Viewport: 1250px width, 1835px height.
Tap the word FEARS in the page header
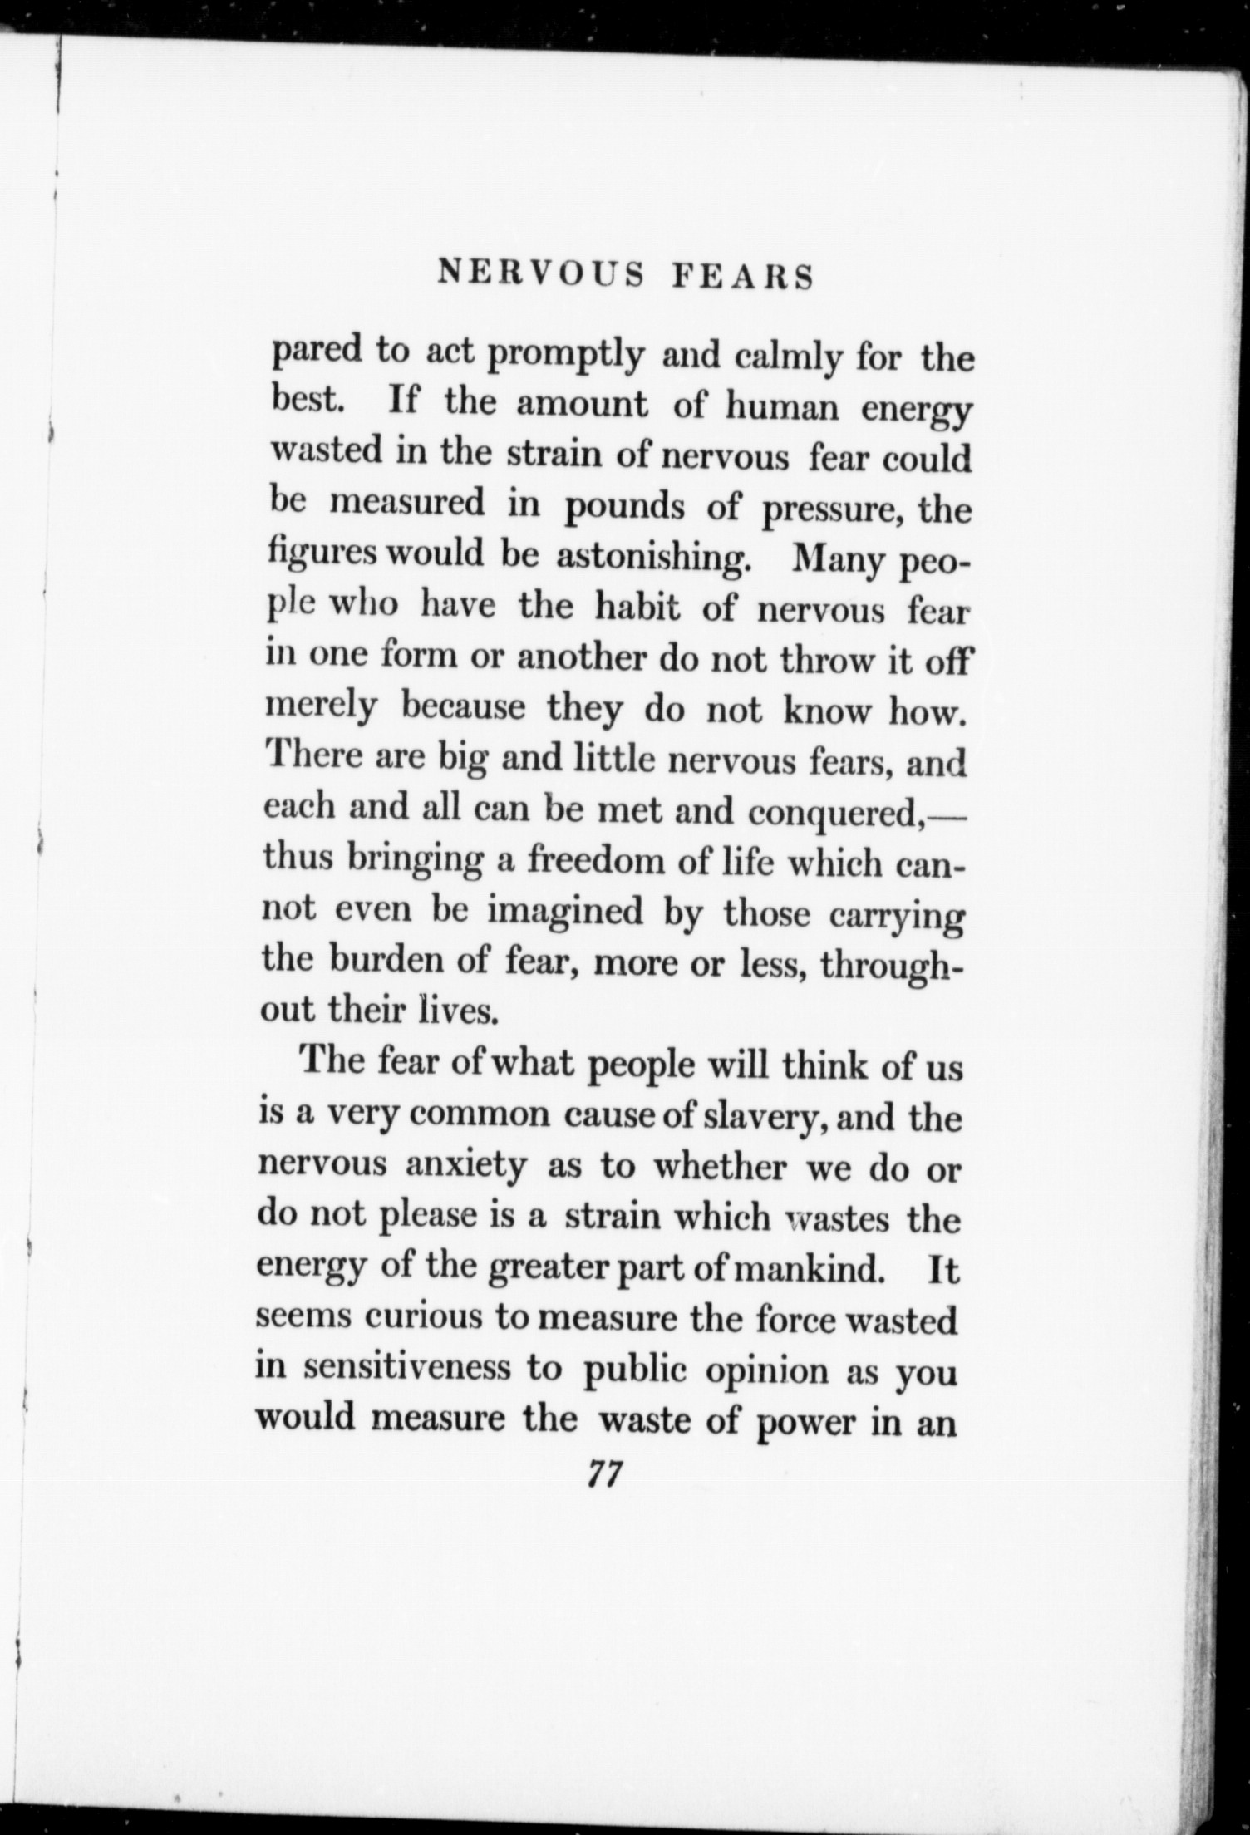(742, 277)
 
